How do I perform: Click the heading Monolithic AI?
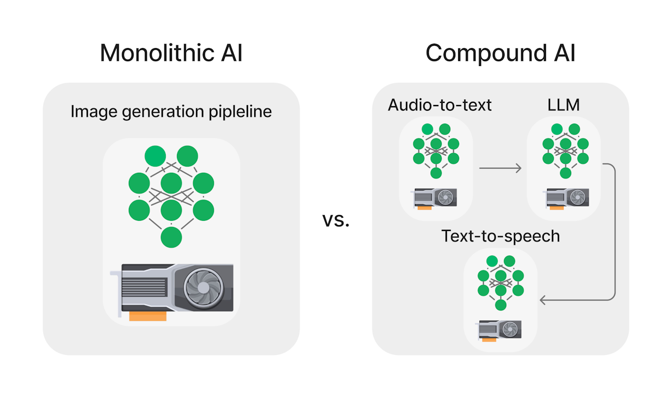pyautogui.click(x=171, y=53)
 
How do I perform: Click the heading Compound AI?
pyautogui.click(x=500, y=53)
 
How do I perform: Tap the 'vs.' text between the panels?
pyautogui.click(x=336, y=219)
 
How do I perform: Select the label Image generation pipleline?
pyautogui.click(x=171, y=111)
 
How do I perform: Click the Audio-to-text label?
pyautogui.click(x=440, y=105)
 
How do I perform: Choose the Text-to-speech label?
pyautogui.click(x=501, y=236)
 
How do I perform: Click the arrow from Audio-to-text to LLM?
pyautogui.click(x=500, y=168)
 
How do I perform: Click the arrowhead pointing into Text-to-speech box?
pyautogui.click(x=543, y=301)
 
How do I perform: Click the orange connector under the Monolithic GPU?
pyautogui.click(x=148, y=317)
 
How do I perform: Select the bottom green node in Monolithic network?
pyautogui.click(x=171, y=238)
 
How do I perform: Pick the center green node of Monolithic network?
pyautogui.click(x=171, y=183)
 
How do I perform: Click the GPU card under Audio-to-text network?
pyautogui.click(x=435, y=197)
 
